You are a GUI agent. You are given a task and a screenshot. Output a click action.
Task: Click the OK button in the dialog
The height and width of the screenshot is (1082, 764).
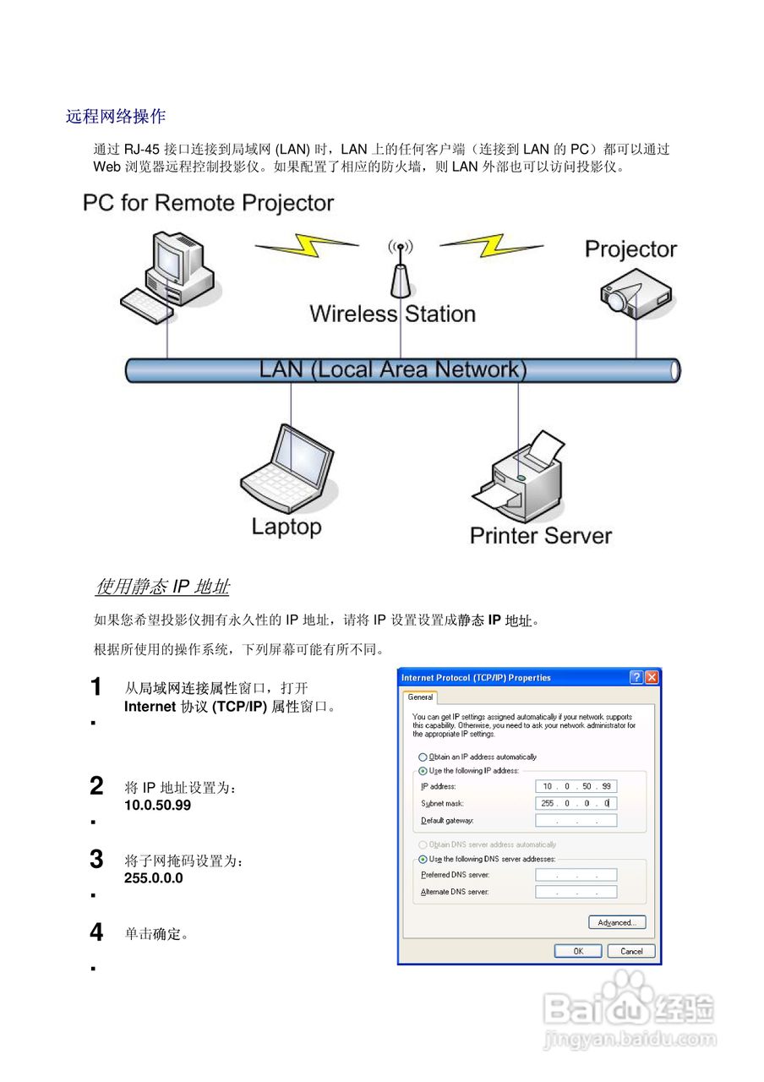(578, 951)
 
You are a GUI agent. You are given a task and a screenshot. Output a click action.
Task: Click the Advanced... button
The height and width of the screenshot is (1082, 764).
(617, 922)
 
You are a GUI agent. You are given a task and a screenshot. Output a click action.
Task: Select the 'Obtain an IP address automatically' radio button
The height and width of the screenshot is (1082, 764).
(423, 757)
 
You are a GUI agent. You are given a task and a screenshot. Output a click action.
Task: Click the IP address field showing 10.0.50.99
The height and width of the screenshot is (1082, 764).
(576, 786)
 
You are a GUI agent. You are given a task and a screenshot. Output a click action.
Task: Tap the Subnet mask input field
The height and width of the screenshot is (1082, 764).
(576, 803)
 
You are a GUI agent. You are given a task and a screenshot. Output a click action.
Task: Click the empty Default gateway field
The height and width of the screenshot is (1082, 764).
(576, 820)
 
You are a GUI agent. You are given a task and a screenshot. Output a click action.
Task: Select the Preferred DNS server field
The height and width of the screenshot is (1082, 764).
(576, 875)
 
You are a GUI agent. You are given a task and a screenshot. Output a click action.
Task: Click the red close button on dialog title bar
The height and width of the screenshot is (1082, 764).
(652, 677)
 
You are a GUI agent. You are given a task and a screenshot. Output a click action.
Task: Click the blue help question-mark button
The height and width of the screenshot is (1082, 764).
(636, 677)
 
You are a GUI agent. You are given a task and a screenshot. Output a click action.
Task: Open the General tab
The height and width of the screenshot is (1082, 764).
(420, 697)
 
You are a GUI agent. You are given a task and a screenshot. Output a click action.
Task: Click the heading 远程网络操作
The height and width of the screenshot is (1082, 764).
(115, 117)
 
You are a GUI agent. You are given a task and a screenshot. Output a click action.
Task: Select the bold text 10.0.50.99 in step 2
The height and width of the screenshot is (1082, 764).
(157, 806)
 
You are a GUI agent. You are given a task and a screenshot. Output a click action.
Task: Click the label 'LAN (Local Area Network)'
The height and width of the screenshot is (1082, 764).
(392, 369)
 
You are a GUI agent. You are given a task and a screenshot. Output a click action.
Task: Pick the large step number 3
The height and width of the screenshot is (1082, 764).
(97, 860)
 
